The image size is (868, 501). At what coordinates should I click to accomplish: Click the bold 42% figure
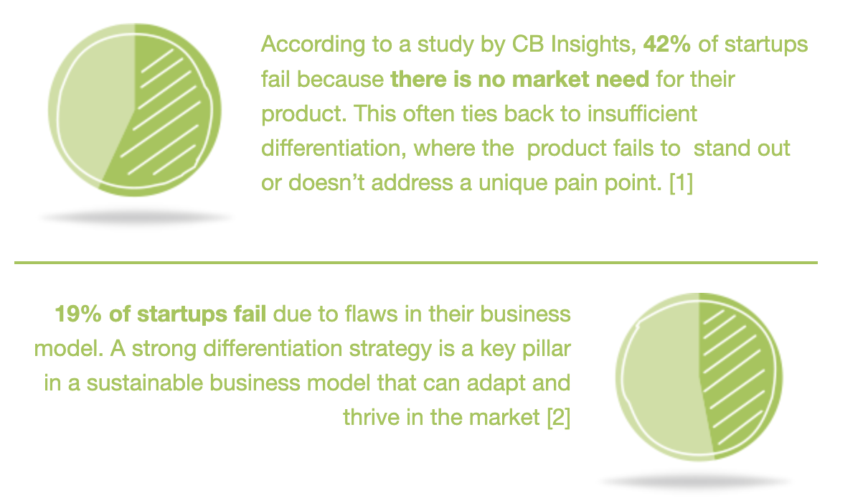(x=666, y=44)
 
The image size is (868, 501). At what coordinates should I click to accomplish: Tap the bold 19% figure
(x=78, y=314)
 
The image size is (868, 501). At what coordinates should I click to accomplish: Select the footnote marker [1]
(x=681, y=182)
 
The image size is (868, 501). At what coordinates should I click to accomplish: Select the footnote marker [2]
(x=558, y=417)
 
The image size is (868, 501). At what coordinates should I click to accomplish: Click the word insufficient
(x=642, y=113)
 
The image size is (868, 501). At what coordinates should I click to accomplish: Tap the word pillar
(x=547, y=349)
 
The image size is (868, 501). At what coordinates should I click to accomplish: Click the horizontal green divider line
(x=416, y=263)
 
